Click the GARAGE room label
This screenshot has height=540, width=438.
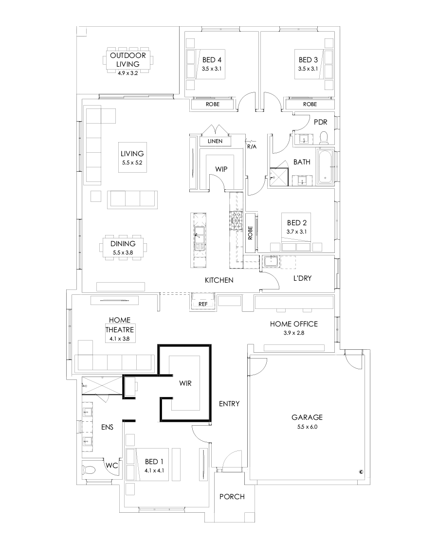(307, 417)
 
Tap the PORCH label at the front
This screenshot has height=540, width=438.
(232, 497)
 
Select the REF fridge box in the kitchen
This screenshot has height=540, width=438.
(203, 304)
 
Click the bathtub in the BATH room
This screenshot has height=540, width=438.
(325, 167)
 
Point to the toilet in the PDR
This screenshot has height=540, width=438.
(325, 138)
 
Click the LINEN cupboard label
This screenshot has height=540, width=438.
(215, 141)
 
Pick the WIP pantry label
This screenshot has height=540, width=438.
(222, 169)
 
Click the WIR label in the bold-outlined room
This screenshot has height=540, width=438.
(185, 383)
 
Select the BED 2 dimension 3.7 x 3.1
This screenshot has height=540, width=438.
(296, 233)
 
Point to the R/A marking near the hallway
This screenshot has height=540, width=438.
(252, 146)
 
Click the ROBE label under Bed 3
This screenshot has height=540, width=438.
(310, 104)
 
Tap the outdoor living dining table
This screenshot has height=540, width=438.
(128, 60)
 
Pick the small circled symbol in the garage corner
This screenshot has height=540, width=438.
(361, 471)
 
